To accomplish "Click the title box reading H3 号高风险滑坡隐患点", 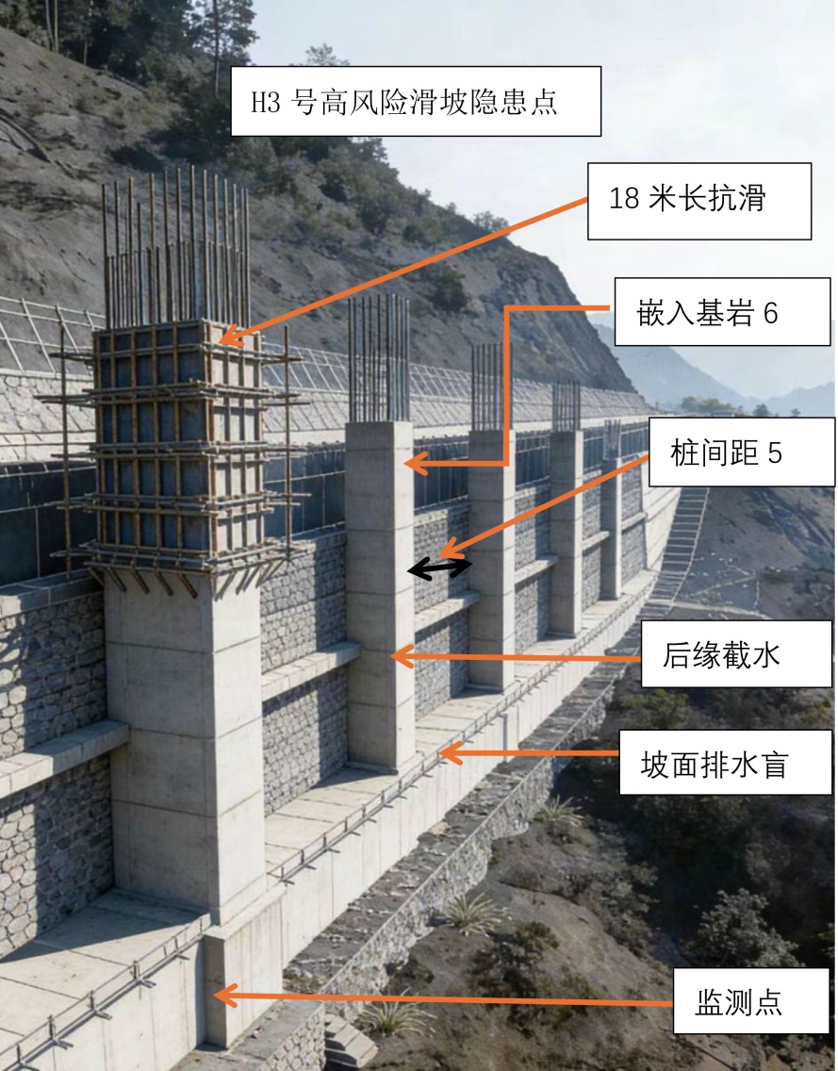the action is coord(416,101).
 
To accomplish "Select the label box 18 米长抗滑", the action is coord(699,201).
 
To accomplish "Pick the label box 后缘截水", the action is coord(736,653).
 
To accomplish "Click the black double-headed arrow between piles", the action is coord(439,568).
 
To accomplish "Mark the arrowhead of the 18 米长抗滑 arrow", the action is coord(226,336).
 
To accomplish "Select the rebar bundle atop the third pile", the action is coord(486,387).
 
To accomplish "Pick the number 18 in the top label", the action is coord(623,201).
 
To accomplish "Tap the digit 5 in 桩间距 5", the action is coord(775,453).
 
